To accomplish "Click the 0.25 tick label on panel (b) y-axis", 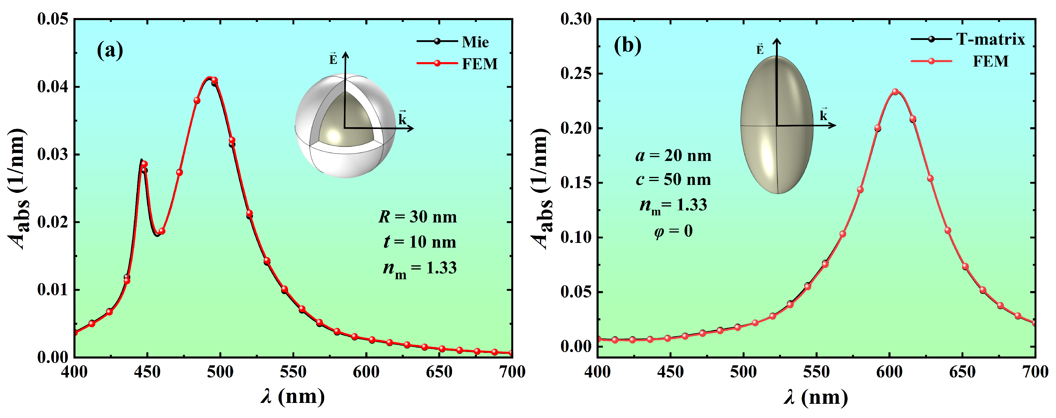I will coord(576,74).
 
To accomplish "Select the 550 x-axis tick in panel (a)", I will coord(293,372).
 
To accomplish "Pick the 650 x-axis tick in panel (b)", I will coord(962,372).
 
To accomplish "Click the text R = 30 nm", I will coord(417,217).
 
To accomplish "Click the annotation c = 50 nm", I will coord(673,180).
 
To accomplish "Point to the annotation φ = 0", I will coord(673,231).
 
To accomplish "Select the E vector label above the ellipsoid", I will coord(760,49).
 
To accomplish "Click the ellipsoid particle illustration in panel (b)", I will coord(777,125).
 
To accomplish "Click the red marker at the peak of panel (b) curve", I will coord(895,92).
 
